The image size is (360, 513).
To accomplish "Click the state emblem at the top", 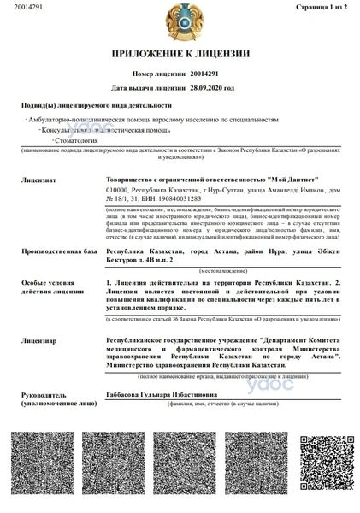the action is [180, 21].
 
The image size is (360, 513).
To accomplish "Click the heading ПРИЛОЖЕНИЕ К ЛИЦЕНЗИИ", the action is [180, 54].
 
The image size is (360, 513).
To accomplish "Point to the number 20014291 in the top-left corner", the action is [18, 8].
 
